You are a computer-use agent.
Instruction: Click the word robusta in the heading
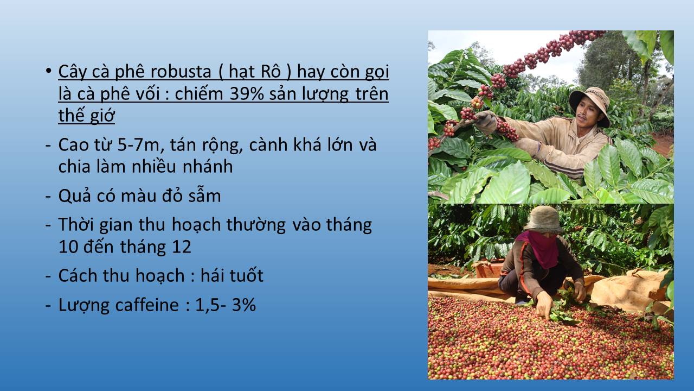[181, 72]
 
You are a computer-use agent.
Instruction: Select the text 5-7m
[141, 145]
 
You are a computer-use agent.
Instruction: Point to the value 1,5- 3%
[226, 305]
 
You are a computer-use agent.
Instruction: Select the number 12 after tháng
[181, 247]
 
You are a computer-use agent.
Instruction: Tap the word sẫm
[204, 195]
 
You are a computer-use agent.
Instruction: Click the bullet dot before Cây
[48, 71]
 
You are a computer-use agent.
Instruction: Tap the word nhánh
[207, 166]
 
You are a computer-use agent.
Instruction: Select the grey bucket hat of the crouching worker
[543, 219]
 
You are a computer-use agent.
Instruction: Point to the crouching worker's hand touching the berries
[545, 306]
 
